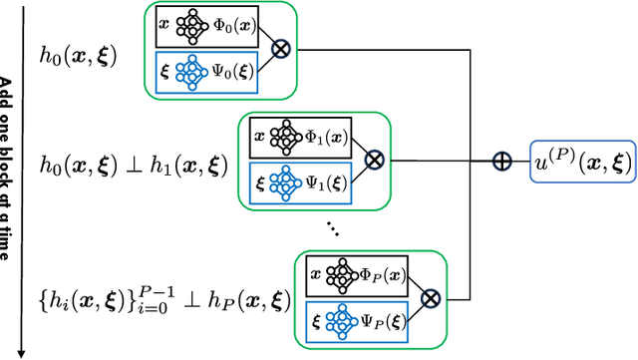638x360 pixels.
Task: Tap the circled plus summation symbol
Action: pyautogui.click(x=502, y=162)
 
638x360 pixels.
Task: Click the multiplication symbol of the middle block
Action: pyautogui.click(x=374, y=158)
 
